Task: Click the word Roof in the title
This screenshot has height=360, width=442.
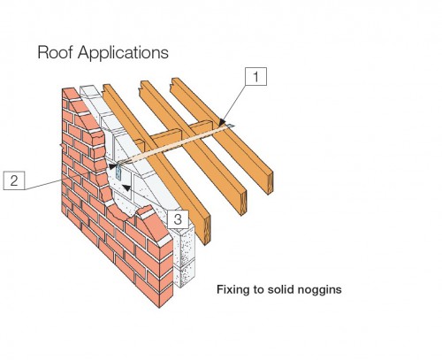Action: [55, 52]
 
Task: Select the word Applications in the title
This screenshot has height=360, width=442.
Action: [123, 53]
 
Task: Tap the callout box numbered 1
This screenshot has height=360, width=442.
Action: [256, 77]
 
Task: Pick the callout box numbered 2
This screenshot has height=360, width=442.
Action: [14, 180]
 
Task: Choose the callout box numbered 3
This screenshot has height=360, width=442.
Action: [178, 219]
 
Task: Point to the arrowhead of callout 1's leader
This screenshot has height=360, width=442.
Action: [223, 122]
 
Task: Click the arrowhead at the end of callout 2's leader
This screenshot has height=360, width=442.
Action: [112, 166]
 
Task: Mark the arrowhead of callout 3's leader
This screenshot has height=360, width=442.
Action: [126, 188]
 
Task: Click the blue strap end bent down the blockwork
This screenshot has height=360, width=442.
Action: [118, 172]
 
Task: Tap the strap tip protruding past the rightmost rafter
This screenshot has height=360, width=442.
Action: [231, 126]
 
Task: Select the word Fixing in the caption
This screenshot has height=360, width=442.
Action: [233, 289]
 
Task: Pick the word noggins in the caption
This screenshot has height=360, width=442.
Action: [320, 290]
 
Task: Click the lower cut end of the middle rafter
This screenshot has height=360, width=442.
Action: [243, 203]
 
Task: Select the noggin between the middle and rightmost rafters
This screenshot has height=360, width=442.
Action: [201, 126]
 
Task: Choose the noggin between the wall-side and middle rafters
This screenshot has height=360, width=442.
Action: [166, 137]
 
